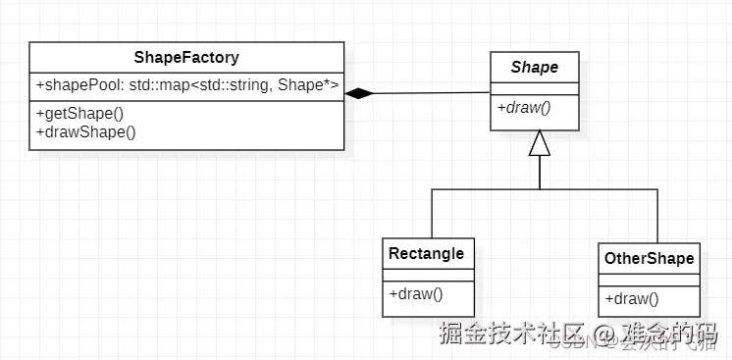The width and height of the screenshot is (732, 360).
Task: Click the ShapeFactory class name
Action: (186, 58)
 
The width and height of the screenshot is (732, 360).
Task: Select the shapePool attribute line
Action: (186, 86)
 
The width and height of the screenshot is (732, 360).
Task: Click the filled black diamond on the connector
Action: (360, 93)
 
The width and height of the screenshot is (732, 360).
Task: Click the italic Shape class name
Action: (535, 68)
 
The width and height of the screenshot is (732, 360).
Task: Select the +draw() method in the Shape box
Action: (524, 107)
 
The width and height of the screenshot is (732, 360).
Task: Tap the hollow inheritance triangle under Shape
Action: (540, 143)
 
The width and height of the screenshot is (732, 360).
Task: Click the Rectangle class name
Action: (426, 254)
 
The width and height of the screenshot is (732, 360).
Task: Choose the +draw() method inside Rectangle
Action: (416, 292)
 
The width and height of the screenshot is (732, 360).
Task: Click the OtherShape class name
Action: (649, 259)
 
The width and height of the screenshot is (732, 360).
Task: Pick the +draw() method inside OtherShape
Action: (632, 298)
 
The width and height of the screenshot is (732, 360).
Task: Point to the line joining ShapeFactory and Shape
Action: (432, 93)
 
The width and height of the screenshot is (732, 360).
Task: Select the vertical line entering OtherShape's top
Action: (656, 216)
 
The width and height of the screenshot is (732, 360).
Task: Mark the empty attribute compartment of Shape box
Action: (535, 87)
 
